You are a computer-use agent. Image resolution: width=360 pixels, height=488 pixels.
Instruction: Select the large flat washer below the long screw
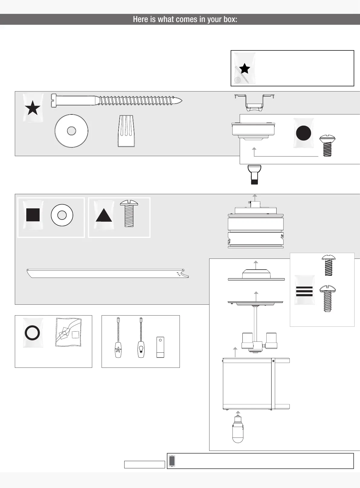tap(71, 131)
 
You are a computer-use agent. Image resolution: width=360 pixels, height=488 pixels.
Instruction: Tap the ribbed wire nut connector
tap(126, 131)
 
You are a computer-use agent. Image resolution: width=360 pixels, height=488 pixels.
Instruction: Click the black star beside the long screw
tap(33, 108)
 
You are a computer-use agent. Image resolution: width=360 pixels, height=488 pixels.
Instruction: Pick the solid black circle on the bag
tap(303, 133)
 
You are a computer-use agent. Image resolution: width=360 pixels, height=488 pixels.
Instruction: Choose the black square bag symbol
tap(33, 215)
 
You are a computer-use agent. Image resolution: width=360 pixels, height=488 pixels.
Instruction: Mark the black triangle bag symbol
tap(104, 216)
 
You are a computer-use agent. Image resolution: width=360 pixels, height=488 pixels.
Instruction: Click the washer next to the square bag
tap(62, 215)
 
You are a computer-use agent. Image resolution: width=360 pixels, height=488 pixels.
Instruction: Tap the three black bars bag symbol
tap(304, 291)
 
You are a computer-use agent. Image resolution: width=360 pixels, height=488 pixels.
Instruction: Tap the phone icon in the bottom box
tap(172, 461)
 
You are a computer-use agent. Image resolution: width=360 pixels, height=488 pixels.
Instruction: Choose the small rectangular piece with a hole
tap(160, 347)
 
